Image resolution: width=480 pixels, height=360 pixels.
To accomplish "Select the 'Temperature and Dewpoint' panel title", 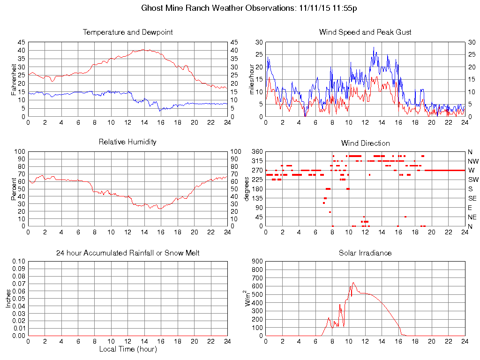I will click(x=127, y=32).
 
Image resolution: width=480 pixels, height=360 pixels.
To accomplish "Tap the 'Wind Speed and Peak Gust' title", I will click(x=365, y=32).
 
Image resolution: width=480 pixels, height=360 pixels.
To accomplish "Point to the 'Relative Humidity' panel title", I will click(x=127, y=142).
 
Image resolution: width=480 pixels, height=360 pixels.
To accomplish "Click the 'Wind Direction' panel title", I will click(x=365, y=143).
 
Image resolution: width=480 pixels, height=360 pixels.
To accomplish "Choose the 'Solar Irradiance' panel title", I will click(x=365, y=253).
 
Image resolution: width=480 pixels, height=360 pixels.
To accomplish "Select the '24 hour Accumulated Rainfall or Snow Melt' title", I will click(x=127, y=253).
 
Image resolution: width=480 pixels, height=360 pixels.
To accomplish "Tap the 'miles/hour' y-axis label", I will click(x=252, y=79).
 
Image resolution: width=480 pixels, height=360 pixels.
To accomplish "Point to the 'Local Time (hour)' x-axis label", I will click(x=127, y=349).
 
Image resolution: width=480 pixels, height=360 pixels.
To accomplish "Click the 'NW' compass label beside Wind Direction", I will click(x=473, y=161).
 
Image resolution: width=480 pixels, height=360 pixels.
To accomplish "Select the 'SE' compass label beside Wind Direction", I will click(x=472, y=198).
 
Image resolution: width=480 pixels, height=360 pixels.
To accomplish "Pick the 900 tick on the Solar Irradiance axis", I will click(x=257, y=262).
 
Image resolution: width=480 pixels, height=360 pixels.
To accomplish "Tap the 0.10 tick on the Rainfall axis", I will click(x=19, y=262).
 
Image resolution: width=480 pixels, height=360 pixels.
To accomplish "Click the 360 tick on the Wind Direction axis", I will click(x=257, y=152).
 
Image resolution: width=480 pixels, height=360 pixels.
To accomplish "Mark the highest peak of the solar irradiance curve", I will click(x=353, y=283).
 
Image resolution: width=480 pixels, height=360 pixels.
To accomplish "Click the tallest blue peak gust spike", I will click(x=374, y=47).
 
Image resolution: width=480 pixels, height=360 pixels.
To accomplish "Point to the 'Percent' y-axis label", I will click(x=14, y=188).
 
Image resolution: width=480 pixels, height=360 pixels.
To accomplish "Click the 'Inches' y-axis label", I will click(x=8, y=299).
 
